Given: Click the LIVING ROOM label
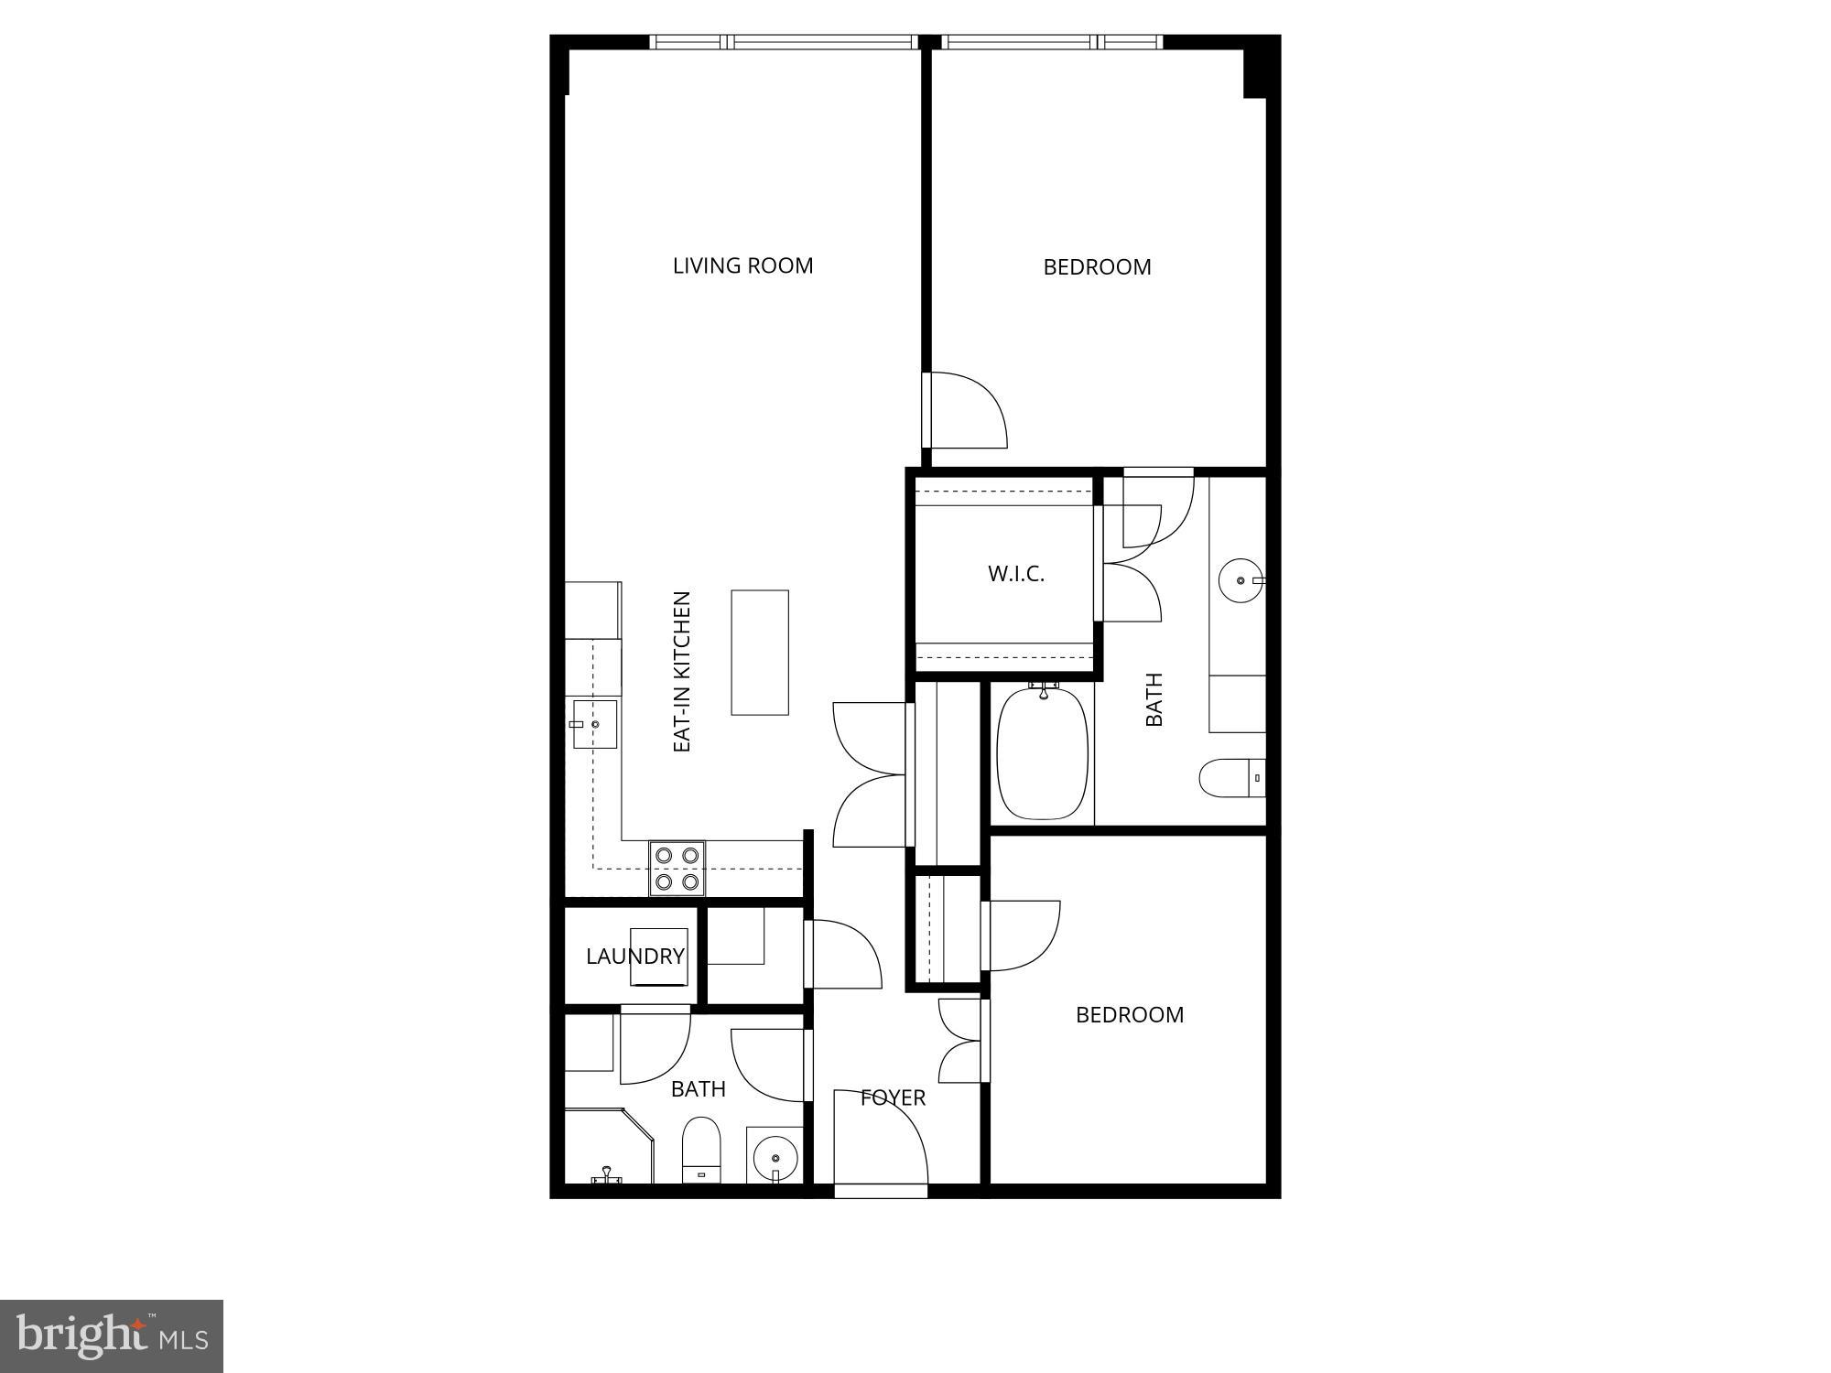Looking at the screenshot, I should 742,266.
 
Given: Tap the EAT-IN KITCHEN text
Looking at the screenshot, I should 682,672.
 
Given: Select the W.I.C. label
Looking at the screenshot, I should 1015,575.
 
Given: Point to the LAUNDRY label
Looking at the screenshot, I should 634,957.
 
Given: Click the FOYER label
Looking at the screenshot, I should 893,1097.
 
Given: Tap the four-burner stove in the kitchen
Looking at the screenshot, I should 677,869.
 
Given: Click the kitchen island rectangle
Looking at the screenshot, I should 760,652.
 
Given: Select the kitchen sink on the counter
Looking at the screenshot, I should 594,724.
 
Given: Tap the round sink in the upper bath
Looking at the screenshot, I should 1241,580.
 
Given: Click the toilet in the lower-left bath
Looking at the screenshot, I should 701,1149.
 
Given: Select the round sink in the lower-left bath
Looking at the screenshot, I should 775,1157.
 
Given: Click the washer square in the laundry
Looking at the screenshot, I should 658,957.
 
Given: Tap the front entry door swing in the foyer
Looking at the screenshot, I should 879,1140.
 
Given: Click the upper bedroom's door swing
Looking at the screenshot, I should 966,410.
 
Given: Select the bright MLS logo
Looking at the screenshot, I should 112,1336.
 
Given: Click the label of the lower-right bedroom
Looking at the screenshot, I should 1130,1015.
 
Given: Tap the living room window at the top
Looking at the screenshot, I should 784,42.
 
